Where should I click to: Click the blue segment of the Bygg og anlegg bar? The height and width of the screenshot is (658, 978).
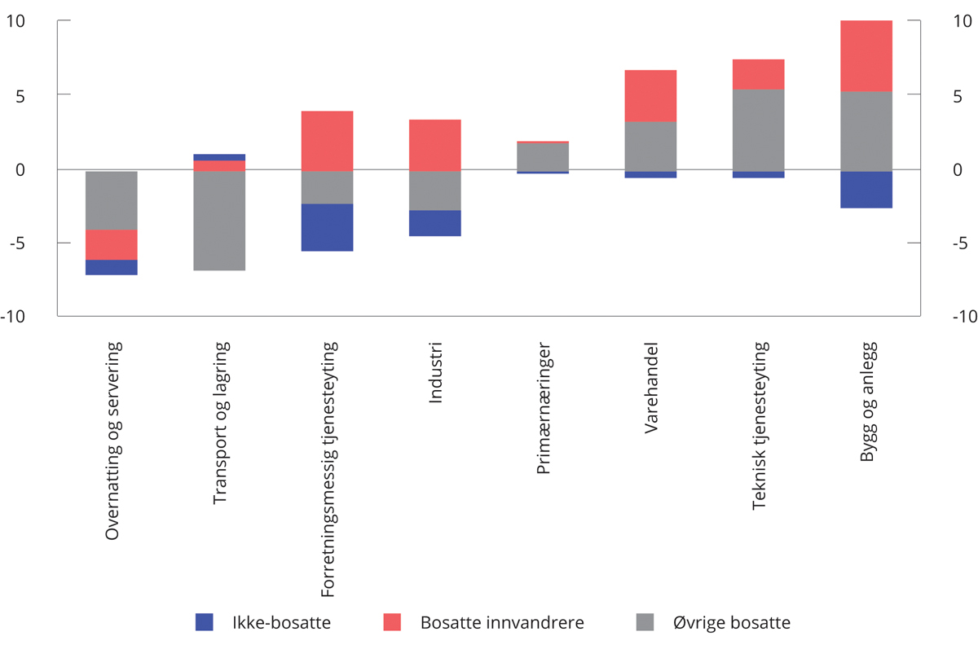(866, 189)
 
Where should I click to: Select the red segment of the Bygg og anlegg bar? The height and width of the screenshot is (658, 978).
(866, 55)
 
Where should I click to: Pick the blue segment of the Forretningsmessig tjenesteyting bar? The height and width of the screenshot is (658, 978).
(327, 227)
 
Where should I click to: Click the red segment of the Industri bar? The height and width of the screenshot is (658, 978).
(434, 145)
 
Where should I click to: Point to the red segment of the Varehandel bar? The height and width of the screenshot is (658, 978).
(650, 95)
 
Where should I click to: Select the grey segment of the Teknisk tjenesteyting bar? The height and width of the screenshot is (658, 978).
(758, 129)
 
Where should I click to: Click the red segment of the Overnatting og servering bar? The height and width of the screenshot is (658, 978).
(112, 244)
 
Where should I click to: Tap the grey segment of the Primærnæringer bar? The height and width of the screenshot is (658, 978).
(543, 156)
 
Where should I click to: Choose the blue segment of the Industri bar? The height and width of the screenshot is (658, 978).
(434, 223)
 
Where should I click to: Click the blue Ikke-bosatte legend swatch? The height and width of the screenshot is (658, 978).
(204, 623)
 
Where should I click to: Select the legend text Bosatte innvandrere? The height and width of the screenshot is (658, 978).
(502, 623)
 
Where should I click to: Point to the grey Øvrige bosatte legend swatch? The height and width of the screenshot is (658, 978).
(644, 623)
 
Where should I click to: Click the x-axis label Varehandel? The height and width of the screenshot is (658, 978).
(651, 388)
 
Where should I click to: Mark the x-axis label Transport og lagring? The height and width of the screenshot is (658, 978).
(220, 423)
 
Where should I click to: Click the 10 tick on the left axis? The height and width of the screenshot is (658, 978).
(16, 21)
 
